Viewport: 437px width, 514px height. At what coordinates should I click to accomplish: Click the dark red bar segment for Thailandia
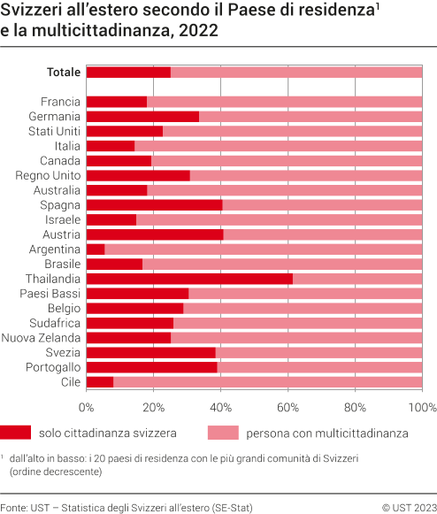[x=189, y=279]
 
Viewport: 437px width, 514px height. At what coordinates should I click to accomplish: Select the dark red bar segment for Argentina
[x=96, y=249]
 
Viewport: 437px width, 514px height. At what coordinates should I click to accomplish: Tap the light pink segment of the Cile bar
[x=267, y=382]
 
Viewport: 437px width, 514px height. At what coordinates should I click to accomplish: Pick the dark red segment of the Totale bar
[x=128, y=72]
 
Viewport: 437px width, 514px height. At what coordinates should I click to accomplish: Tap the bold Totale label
[x=65, y=72]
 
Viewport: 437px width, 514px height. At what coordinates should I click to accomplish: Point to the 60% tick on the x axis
[x=287, y=408]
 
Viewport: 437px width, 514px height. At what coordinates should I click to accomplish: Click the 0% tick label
[x=87, y=408]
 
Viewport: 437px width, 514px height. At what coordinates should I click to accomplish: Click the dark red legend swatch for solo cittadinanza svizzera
[x=15, y=433]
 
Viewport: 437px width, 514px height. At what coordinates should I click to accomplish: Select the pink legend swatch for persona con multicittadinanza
[x=223, y=433]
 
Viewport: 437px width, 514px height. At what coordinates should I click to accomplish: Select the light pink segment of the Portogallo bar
[x=319, y=367]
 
